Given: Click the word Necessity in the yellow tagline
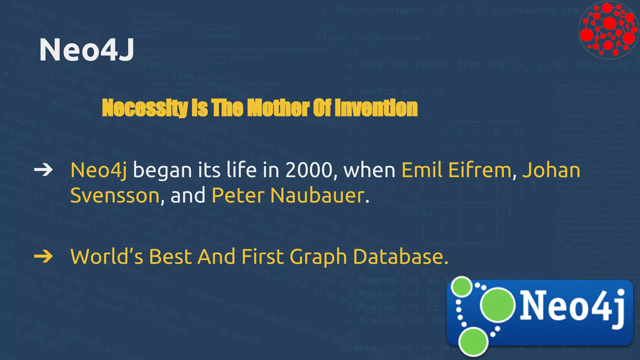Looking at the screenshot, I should tap(144, 108).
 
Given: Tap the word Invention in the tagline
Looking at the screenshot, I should tap(376, 108).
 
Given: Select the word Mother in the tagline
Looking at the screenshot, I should tap(278, 108).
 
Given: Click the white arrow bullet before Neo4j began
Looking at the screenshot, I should tap(43, 170).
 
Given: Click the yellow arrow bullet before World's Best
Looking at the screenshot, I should tap(43, 257).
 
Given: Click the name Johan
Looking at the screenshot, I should tap(551, 170).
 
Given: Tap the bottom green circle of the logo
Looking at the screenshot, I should tap(473, 342).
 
